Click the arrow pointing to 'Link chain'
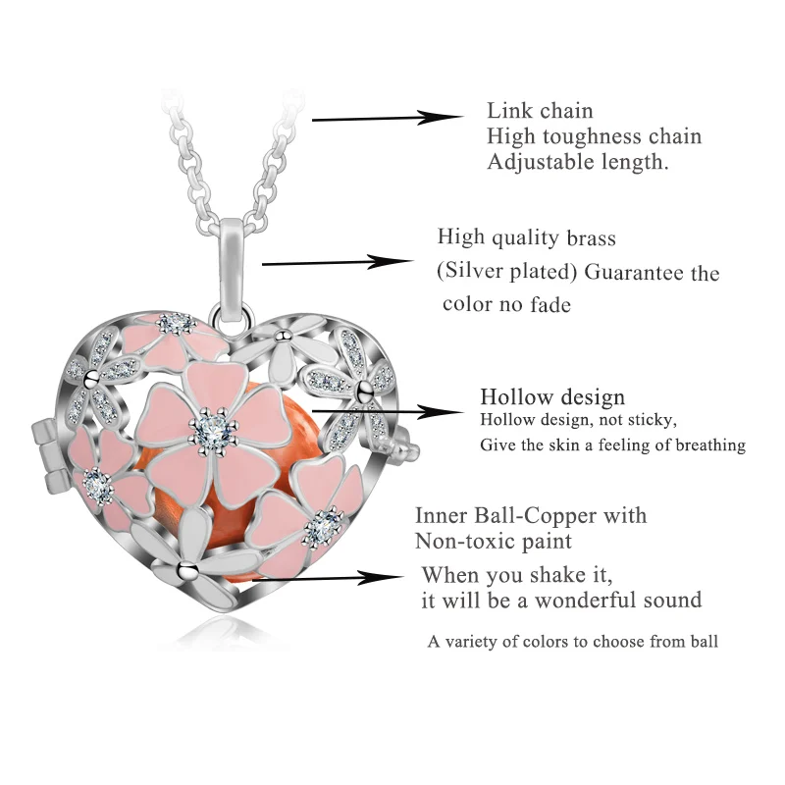(388, 119)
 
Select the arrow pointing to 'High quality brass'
(338, 262)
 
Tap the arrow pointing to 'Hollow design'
(388, 411)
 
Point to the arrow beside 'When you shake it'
(328, 578)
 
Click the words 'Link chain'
(540, 111)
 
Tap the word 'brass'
(592, 237)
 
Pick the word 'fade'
(550, 304)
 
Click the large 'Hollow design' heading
(552, 397)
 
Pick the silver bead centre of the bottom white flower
(187, 568)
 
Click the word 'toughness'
(592, 136)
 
